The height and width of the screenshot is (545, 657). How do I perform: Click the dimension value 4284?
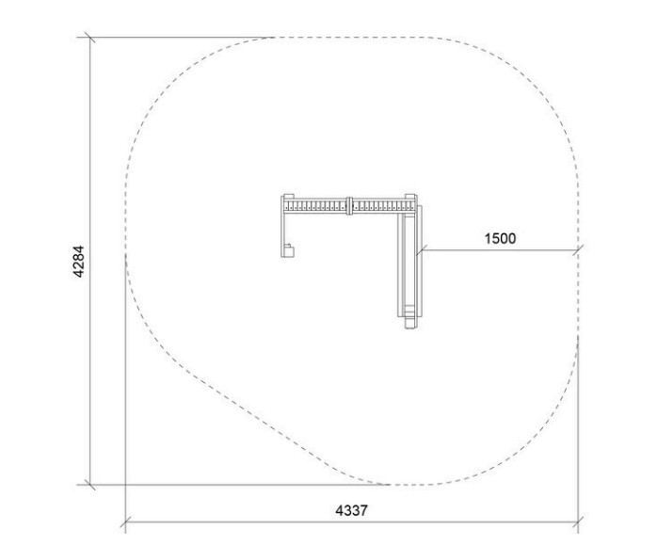click(79, 262)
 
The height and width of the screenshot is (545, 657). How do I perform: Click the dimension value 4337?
click(351, 511)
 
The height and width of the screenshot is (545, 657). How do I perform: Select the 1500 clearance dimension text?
click(501, 238)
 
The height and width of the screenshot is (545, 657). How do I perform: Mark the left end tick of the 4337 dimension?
click(126, 522)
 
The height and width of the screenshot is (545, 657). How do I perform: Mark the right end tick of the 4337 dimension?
click(578, 522)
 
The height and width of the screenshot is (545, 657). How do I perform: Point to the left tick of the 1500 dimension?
click(421, 250)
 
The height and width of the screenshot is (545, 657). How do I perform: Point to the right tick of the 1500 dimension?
click(578, 250)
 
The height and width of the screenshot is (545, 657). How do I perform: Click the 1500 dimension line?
click(500, 250)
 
